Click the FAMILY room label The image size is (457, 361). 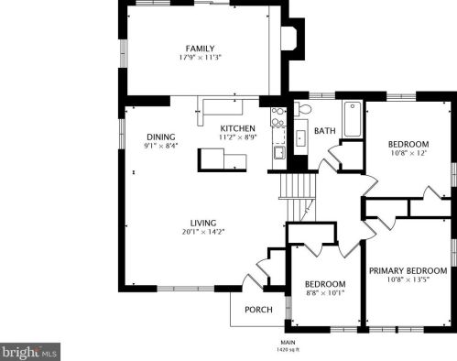pyautogui.click(x=200, y=49)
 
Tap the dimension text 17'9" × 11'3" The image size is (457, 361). pyautogui.click(x=200, y=58)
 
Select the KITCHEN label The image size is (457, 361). pyautogui.click(x=237, y=128)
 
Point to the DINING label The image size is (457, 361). pyautogui.click(x=161, y=137)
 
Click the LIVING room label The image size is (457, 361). pyautogui.click(x=203, y=223)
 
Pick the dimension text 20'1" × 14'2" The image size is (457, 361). pyautogui.click(x=203, y=232)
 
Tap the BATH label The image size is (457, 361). pyautogui.click(x=325, y=131)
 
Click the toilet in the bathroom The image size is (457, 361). pyautogui.click(x=302, y=109)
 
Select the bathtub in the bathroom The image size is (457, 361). pyautogui.click(x=353, y=119)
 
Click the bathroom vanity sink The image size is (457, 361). pyautogui.click(x=300, y=138)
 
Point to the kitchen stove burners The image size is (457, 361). pyautogui.click(x=277, y=116)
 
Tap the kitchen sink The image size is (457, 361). pyautogui.click(x=279, y=153)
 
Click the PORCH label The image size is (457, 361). pyautogui.click(x=258, y=310)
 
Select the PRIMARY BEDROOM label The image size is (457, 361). pyautogui.click(x=408, y=270)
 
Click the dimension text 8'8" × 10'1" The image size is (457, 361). pyautogui.click(x=325, y=293)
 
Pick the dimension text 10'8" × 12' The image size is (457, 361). pyautogui.click(x=408, y=153)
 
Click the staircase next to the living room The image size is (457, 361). pyautogui.click(x=298, y=197)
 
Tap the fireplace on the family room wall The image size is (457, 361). pyautogui.click(x=292, y=38)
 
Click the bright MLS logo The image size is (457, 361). pyautogui.click(x=30, y=352)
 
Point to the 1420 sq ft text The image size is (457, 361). pyautogui.click(x=288, y=350)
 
